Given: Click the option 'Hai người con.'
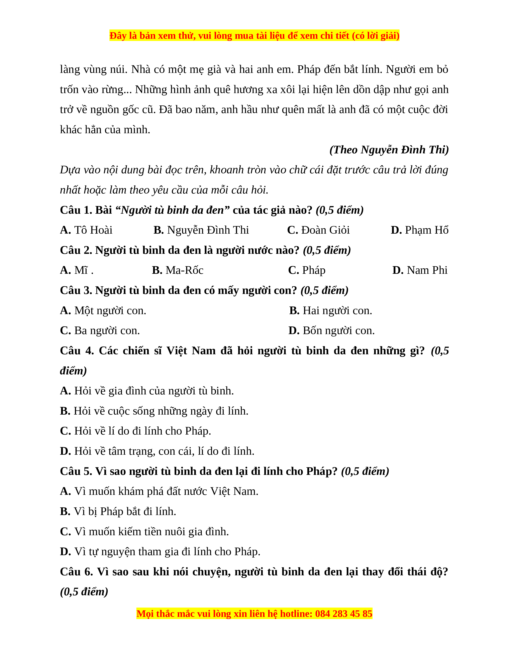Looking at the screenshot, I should pos(331,311).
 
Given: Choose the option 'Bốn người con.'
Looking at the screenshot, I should pos(331,331).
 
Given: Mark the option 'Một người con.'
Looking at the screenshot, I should pos(103,311).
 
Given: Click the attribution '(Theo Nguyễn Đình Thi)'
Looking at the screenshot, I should pos(389,150).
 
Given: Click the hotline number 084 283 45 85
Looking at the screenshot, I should pos(344,614).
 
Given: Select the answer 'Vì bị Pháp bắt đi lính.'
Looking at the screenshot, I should pos(118,511).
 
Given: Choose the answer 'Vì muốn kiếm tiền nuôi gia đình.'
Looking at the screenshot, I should pos(145,532).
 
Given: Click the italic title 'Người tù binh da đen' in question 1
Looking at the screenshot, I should pos(172,210).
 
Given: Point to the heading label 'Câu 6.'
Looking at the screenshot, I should pos(77,572).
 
